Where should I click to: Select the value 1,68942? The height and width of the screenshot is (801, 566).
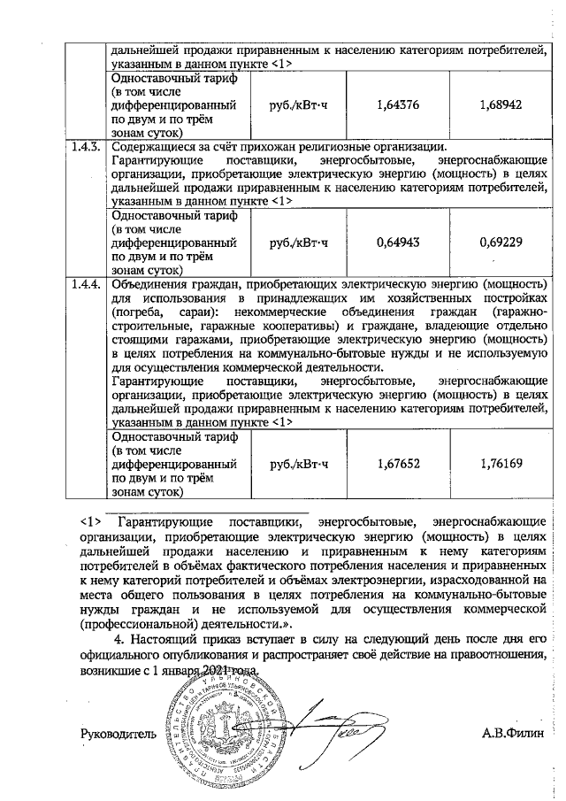pyautogui.click(x=501, y=104)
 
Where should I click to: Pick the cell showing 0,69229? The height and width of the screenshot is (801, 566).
pyautogui.click(x=501, y=242)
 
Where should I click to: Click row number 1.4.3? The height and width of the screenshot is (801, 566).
pyautogui.click(x=88, y=147)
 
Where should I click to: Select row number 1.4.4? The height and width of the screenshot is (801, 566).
pyautogui.click(x=88, y=285)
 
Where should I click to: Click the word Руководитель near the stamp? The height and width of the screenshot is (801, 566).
pyautogui.click(x=119, y=734)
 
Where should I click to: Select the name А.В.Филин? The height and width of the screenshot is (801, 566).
pyautogui.click(x=515, y=734)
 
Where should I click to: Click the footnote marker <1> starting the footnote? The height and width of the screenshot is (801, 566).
pyautogui.click(x=92, y=520)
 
